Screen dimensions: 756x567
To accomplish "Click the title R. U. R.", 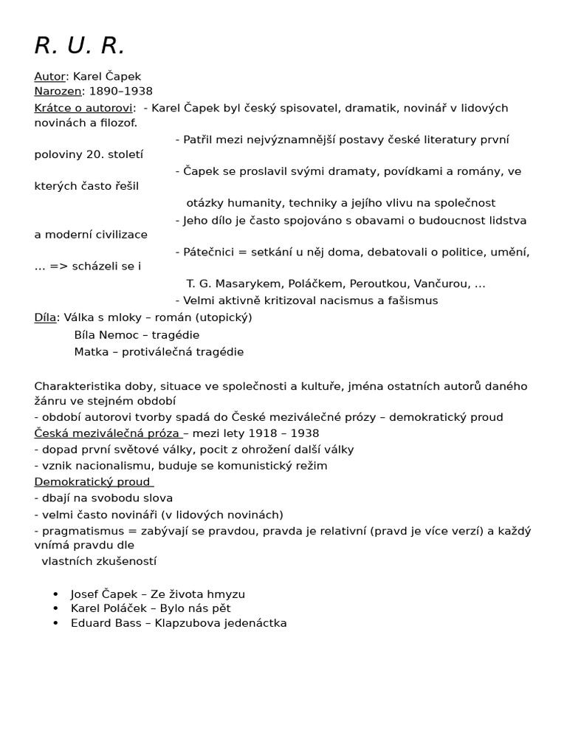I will (x=80, y=46).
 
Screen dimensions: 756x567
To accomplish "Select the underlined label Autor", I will (x=49, y=77).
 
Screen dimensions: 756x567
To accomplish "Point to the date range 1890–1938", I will (x=121, y=92).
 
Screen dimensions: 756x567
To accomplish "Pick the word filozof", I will (x=119, y=123).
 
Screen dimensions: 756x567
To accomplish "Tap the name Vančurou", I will (x=435, y=284).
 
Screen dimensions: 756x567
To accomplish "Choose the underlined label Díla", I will (x=45, y=317).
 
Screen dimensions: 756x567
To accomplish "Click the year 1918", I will (x=264, y=433).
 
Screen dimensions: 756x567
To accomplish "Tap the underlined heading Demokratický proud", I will (x=93, y=482).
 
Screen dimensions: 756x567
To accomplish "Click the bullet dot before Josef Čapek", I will (x=56, y=594).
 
